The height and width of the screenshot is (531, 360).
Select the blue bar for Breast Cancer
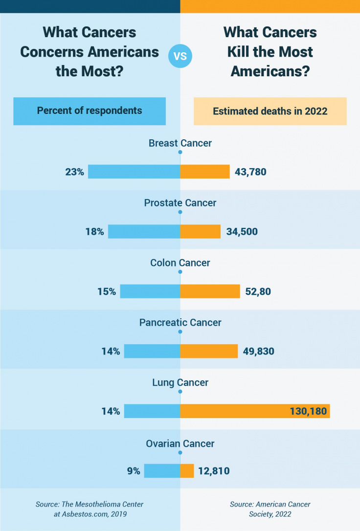tap(134, 172)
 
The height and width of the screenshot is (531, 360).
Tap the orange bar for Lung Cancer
tap(254, 411)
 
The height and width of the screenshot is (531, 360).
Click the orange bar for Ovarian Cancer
tap(187, 471)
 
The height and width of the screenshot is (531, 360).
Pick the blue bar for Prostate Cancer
tap(144, 231)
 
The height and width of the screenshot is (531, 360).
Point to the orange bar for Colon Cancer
tap(210, 291)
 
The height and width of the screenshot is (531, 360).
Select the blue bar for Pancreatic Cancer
tap(152, 351)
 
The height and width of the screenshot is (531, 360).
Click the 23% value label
tap(75, 172)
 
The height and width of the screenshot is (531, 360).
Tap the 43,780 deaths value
tap(250, 172)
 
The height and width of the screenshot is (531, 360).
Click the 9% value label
tap(134, 471)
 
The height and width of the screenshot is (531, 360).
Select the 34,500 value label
tap(242, 232)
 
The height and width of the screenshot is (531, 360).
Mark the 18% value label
tap(95, 232)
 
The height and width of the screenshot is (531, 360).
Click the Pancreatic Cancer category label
tap(180, 323)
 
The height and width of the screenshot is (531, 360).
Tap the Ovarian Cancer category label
tap(180, 444)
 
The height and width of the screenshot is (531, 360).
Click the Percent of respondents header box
tap(90, 111)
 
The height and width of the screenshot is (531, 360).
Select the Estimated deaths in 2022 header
tap(270, 111)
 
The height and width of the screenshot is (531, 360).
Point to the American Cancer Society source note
tap(270, 509)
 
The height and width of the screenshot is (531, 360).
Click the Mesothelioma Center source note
tap(90, 509)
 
